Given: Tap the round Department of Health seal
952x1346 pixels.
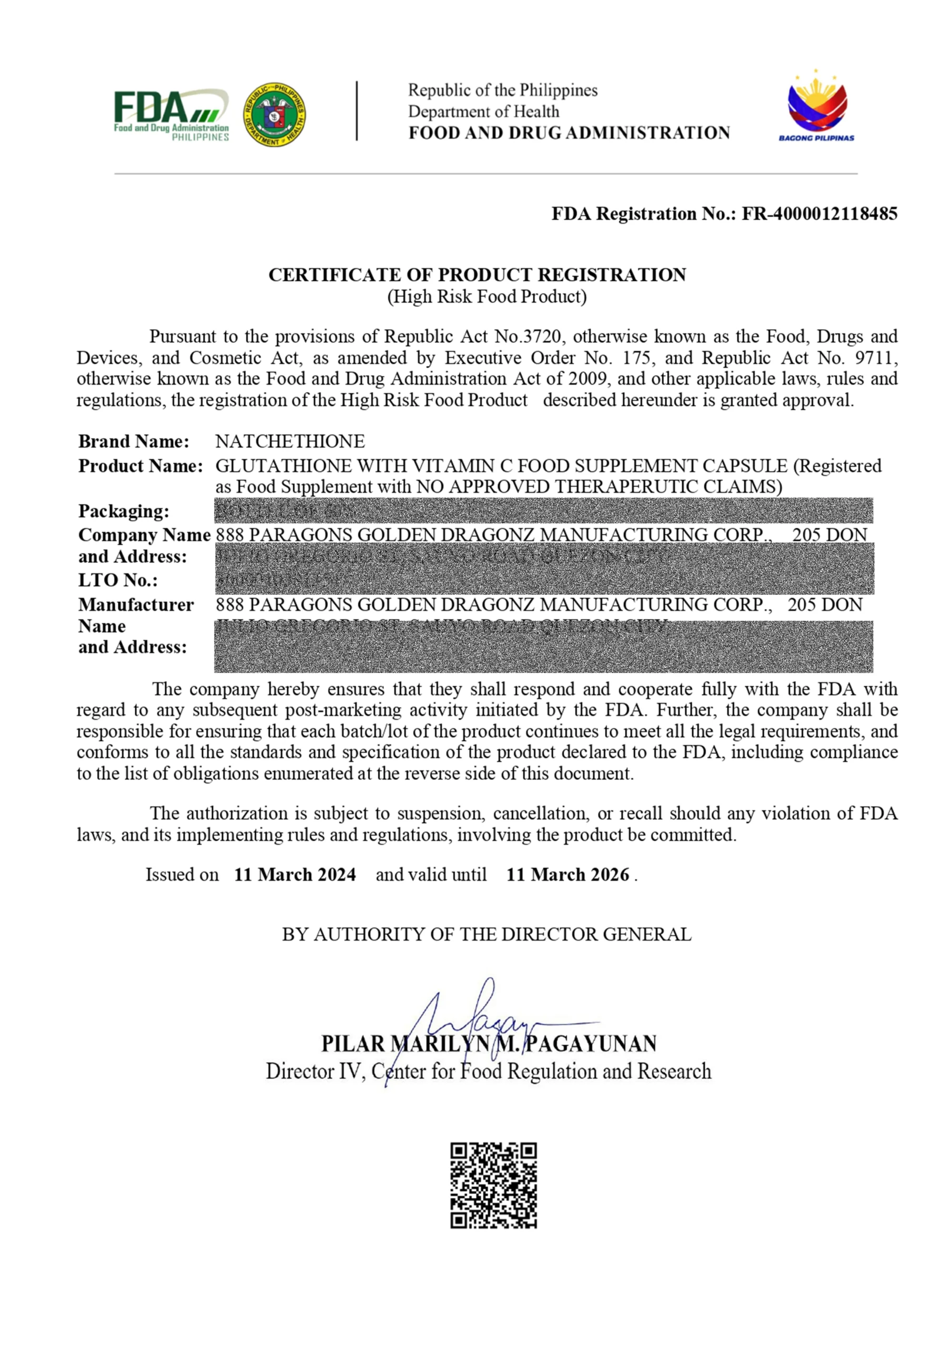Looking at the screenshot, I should pos(275,114).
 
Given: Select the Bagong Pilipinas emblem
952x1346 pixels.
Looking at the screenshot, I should pos(816,107).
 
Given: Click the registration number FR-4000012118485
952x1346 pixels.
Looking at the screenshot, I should pos(819,213).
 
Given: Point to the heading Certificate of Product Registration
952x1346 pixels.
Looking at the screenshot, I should pos(477,274).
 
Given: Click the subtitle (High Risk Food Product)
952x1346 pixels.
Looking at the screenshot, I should pos(487,297).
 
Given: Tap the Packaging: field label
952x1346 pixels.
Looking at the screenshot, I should pos(124,511).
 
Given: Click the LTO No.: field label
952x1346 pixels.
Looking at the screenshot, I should pos(118,580).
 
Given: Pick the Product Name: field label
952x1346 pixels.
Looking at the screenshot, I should pos(141,466).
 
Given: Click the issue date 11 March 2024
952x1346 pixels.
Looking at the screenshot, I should pos(295,875).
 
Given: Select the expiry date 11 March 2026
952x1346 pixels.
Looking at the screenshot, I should pos(567,875).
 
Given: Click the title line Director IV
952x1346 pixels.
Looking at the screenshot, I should pos(316,1072).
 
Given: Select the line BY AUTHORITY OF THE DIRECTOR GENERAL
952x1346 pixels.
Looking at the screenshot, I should pos(487,934).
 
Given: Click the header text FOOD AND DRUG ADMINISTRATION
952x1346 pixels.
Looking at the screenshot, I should pos(569,133).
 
